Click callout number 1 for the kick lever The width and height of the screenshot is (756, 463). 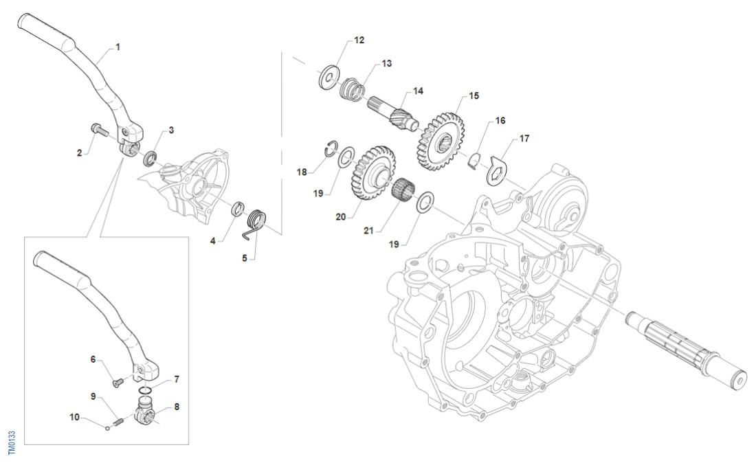[118, 47]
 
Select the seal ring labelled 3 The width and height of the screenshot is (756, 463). [150, 159]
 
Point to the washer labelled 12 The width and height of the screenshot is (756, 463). [330, 75]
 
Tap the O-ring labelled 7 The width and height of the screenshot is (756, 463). [146, 392]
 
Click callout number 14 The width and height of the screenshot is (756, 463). [418, 91]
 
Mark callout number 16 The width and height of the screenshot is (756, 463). [500, 120]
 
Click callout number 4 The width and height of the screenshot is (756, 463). [213, 241]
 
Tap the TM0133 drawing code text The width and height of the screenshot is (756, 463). [12, 443]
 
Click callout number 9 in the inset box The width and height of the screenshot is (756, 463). [93, 396]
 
